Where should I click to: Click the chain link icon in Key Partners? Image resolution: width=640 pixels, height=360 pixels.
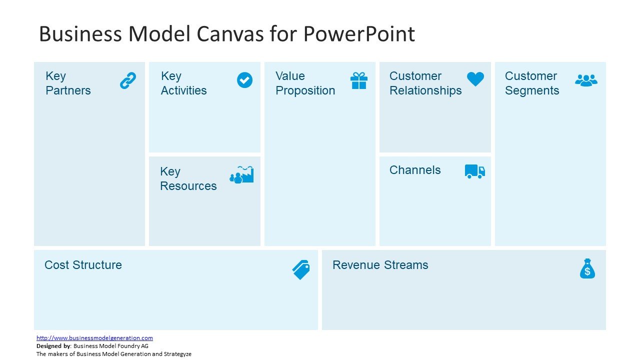coord(128,80)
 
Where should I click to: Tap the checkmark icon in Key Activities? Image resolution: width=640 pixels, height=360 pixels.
coord(244,80)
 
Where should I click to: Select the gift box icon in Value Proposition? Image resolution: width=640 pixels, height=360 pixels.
coord(359,80)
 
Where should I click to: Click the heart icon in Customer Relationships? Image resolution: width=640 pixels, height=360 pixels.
coord(475,79)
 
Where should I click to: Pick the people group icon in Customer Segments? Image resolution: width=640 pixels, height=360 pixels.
coord(586,80)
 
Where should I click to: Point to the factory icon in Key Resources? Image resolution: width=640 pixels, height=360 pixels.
coord(242,174)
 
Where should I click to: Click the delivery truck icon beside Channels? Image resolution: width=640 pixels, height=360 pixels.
coord(475,171)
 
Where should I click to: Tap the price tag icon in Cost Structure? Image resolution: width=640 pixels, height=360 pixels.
coord(301,269)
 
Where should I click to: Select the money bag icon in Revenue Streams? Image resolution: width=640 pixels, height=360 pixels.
coord(587,268)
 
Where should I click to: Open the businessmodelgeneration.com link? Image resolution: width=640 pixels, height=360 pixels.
coord(94,338)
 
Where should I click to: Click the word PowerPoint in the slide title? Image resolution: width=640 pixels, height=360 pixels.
coord(358,34)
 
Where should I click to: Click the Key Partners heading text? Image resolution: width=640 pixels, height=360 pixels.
coord(68,83)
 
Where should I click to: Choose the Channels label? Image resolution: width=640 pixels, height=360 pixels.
coord(415,170)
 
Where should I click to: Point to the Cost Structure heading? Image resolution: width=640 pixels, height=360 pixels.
coord(83,265)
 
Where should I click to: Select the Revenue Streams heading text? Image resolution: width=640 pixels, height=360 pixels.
coord(380,265)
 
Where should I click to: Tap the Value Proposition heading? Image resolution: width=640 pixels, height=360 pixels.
coord(305,83)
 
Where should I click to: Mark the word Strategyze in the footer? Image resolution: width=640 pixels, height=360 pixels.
coord(175,354)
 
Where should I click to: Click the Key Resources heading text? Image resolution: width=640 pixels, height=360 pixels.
coord(188,179)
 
